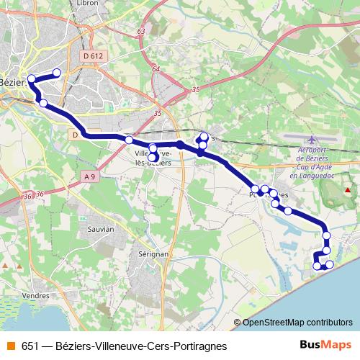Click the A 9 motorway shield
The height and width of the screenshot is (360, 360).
click(x=89, y=177)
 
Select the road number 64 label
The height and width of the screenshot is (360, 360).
click(x=156, y=68)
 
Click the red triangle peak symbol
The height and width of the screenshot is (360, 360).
click(x=348, y=190)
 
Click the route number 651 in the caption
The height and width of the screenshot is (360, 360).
click(x=30, y=346)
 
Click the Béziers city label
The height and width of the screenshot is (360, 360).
click(x=14, y=81)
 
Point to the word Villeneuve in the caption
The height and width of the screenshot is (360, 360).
click(x=120, y=346)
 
